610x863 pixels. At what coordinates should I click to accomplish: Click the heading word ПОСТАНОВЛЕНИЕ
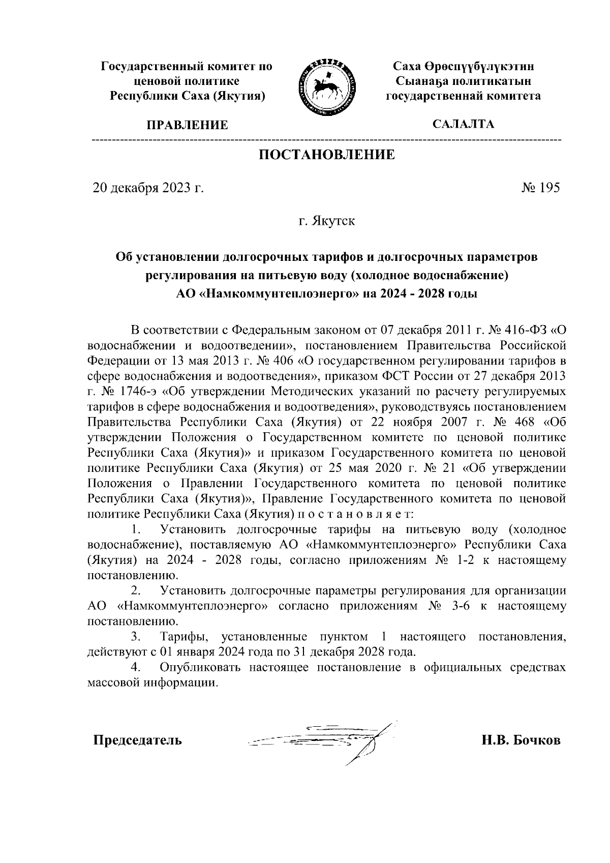point(327,155)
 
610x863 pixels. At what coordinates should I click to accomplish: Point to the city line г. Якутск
point(326,221)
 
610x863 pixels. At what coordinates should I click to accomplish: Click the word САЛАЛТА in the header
point(463,124)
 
